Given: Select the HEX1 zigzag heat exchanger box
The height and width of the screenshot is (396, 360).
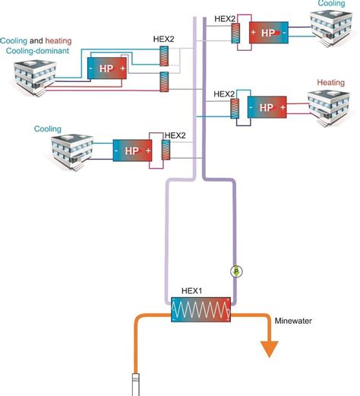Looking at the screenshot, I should click(x=201, y=310).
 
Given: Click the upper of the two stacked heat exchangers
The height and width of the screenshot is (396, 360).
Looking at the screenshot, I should click(x=164, y=57).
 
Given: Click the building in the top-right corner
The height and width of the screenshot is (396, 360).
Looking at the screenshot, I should click(x=332, y=30).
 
